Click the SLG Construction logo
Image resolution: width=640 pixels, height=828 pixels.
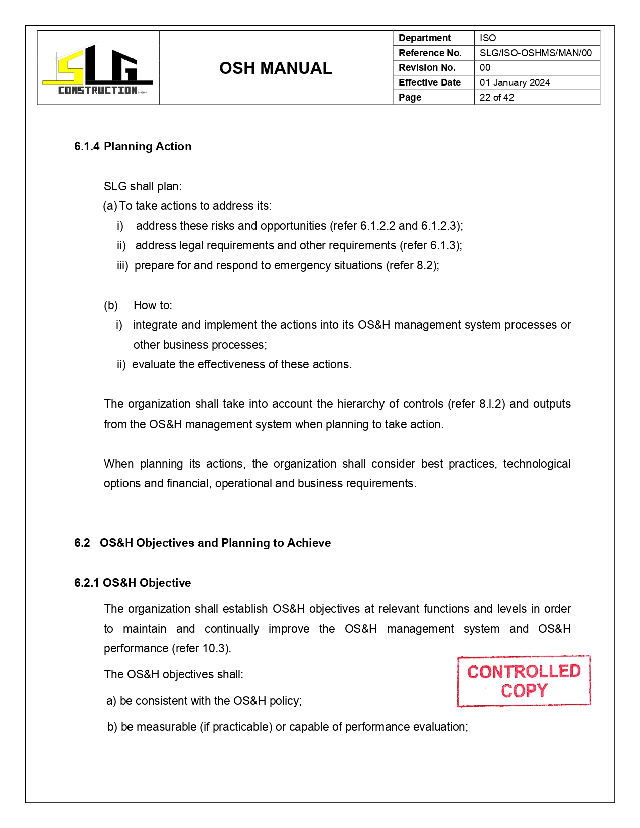pyautogui.click(x=98, y=69)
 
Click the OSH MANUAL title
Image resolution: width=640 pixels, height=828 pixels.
pyautogui.click(x=276, y=68)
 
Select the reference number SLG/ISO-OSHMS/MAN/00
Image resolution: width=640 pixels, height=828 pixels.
pyautogui.click(x=536, y=53)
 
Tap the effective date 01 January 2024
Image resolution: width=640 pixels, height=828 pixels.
pyautogui.click(x=515, y=82)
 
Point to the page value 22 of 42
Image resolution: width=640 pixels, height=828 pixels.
pyautogui.click(x=496, y=97)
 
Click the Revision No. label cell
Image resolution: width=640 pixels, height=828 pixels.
pyautogui.click(x=427, y=67)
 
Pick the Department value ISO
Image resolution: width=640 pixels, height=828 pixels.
pyautogui.click(x=487, y=38)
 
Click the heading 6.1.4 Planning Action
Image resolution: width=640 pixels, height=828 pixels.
pyautogui.click(x=133, y=146)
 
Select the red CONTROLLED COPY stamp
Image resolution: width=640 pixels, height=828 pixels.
pyautogui.click(x=524, y=681)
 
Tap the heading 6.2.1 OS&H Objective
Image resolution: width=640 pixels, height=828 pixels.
pyautogui.click(x=133, y=583)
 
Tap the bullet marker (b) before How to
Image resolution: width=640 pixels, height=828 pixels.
pyautogui.click(x=111, y=305)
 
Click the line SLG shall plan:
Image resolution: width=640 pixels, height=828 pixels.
pyautogui.click(x=143, y=186)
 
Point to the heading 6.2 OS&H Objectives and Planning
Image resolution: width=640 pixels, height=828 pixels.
pyautogui.click(x=203, y=543)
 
